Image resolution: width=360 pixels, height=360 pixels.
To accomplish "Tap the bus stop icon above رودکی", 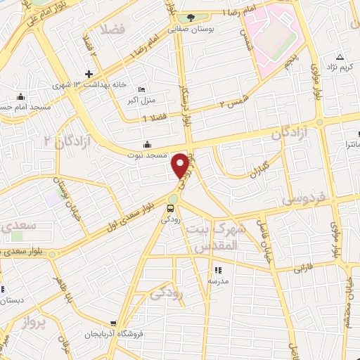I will [171, 208].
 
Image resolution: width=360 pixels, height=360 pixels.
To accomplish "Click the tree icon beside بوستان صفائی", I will [188, 18].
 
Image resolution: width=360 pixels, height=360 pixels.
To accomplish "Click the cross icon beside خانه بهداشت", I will [88, 74].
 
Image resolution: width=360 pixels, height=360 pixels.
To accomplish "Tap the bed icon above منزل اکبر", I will [141, 89].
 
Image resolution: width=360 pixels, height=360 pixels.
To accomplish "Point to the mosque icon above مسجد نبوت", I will [146, 144].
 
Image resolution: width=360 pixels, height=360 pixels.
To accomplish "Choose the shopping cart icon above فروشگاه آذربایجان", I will [113, 323].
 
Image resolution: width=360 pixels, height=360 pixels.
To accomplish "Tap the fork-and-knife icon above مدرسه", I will [218, 269].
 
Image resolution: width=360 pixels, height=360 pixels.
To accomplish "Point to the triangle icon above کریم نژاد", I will [340, 57].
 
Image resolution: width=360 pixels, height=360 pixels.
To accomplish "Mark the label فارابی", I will [302, 268].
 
